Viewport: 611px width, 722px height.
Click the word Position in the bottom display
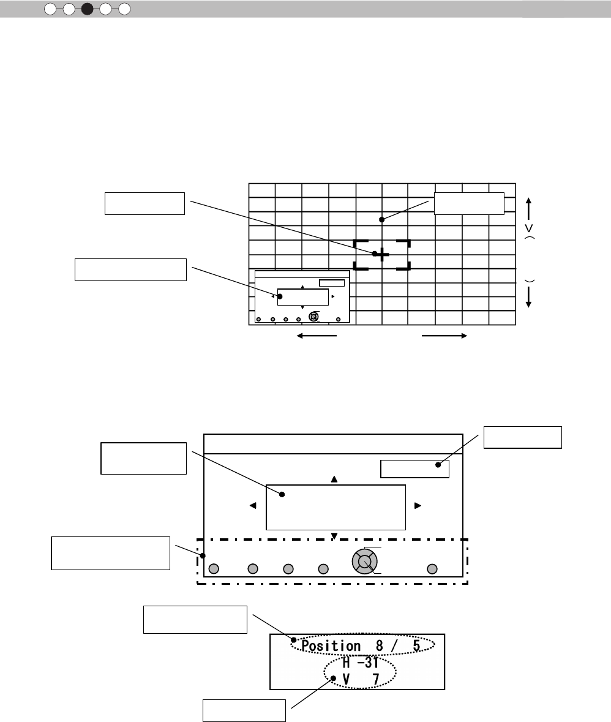coord(331,646)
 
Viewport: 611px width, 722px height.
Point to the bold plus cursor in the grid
coord(381,254)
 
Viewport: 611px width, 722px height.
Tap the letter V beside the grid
coord(528,228)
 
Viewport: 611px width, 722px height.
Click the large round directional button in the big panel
coord(364,561)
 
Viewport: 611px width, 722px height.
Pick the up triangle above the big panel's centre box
coord(334,479)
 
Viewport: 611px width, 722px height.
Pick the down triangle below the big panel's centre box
coord(334,536)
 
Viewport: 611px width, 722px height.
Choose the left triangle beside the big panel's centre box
coord(252,506)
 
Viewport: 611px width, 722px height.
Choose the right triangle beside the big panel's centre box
coord(418,506)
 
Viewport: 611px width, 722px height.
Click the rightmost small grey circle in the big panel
coord(432,569)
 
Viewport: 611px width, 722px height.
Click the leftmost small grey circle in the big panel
coord(213,569)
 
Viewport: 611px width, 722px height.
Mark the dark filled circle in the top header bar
coord(88,9)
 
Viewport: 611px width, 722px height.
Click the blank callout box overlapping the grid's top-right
coord(469,203)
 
